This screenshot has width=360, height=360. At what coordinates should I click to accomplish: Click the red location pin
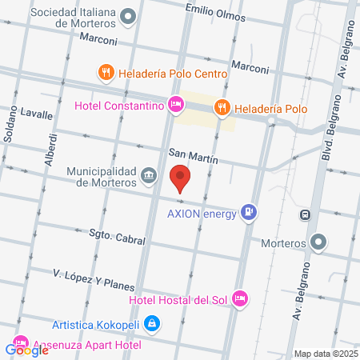click(x=181, y=177)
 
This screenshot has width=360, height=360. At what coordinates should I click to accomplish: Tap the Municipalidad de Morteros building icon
click(x=148, y=175)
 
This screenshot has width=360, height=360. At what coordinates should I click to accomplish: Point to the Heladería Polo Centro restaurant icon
click(x=106, y=74)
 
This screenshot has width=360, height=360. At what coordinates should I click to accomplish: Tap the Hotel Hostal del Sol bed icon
click(x=239, y=299)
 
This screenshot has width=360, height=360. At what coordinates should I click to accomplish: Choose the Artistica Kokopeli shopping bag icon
click(x=153, y=324)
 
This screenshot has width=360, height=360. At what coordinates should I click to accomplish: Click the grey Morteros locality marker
click(x=319, y=241)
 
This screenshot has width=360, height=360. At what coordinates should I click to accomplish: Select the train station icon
click(x=305, y=214)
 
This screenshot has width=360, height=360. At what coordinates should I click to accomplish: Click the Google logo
click(x=26, y=349)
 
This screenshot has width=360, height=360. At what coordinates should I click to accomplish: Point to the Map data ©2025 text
click(x=325, y=354)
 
